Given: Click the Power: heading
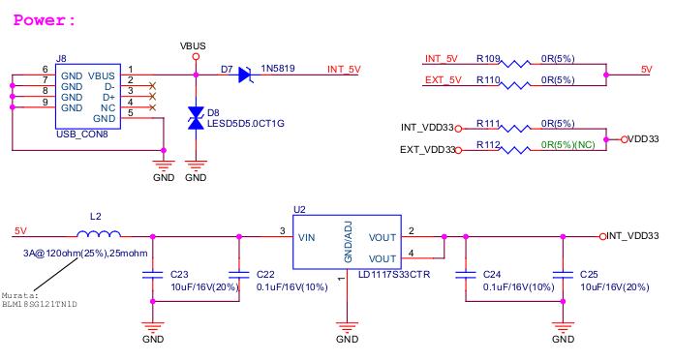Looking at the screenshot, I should pos(44,19).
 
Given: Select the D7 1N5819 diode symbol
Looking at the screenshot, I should pos(244,70).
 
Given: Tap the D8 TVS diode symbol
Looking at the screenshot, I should pos(196,118).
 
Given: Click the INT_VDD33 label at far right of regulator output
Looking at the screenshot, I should pos(633,235).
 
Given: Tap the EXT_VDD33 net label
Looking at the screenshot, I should pos(429,150).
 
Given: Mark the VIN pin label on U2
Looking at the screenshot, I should pos(306,236).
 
